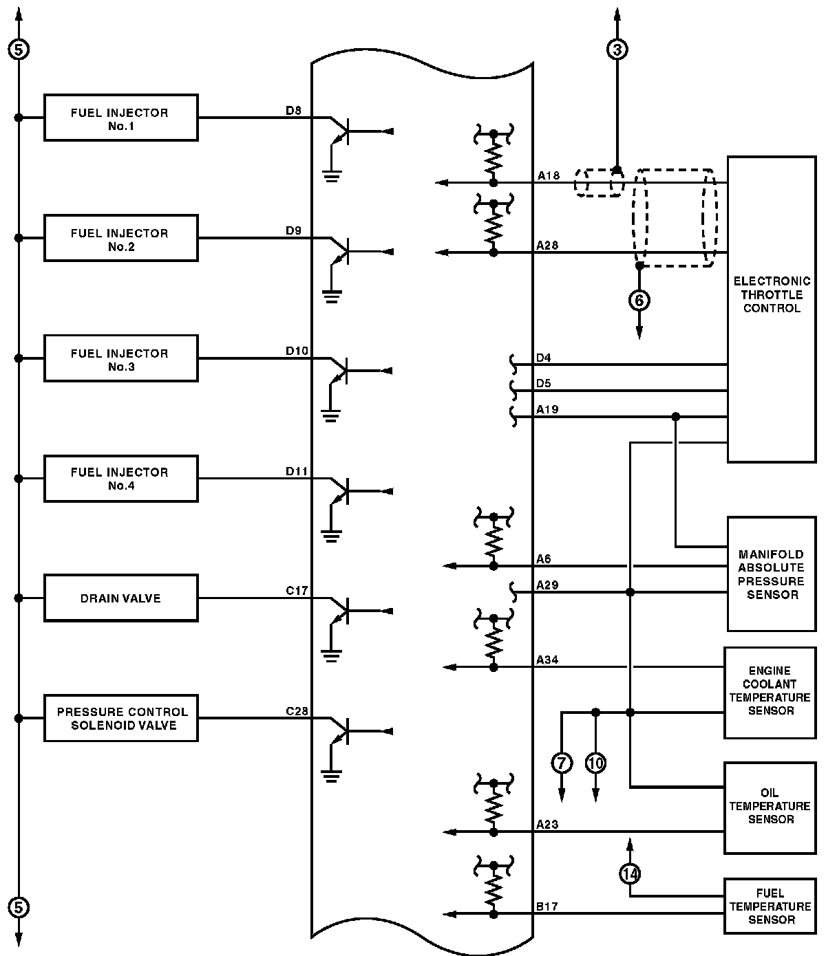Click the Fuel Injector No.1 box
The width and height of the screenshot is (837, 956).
[x=120, y=118]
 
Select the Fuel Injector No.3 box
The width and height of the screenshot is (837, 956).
[x=120, y=358]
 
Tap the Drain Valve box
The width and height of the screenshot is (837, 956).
[x=120, y=598]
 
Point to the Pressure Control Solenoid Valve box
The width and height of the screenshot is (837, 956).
[x=120, y=718]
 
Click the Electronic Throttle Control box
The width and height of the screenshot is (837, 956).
[x=771, y=309]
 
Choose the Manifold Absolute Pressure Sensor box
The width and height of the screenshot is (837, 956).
[x=771, y=574]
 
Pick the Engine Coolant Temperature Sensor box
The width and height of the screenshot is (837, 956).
[x=770, y=692]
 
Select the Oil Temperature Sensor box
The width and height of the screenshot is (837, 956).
[x=770, y=807]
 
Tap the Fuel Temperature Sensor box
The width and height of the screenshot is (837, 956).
[x=770, y=906]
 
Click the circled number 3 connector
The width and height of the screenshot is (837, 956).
[x=617, y=50]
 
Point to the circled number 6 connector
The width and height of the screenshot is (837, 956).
[x=639, y=301]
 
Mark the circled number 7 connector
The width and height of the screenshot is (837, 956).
[x=562, y=762]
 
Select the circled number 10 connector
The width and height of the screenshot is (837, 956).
[x=595, y=762]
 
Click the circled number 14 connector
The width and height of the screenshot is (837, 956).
[x=630, y=873]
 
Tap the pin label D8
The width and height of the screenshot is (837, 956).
[x=294, y=110]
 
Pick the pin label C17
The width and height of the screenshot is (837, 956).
[x=297, y=591]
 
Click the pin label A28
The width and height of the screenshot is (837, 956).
[x=548, y=245]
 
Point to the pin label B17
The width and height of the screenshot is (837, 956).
[x=547, y=906]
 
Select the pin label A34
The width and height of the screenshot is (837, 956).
[x=547, y=660]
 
